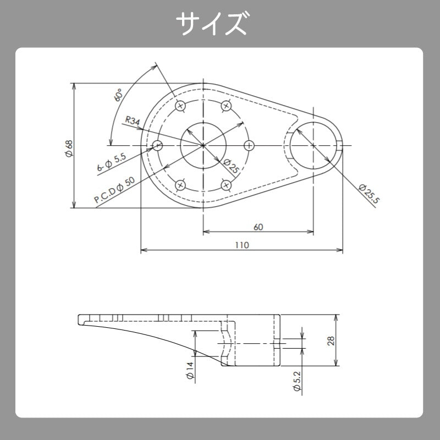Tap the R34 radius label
[133, 120]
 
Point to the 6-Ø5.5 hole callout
[112, 163]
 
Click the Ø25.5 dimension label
[369, 194]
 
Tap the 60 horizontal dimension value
[258, 227]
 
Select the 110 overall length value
[242, 245]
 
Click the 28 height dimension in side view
[331, 340]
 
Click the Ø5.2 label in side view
[298, 381]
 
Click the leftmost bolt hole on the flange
[158, 145]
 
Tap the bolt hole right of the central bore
[249, 145]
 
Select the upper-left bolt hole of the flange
[180, 106]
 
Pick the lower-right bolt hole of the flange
[226, 185]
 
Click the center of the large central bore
[204, 145]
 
